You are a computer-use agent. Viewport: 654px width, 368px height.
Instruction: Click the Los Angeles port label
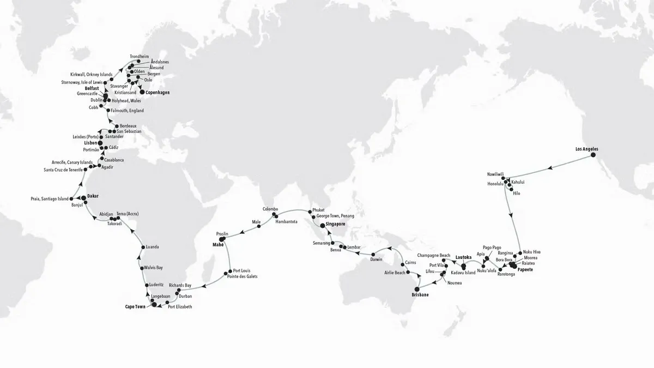tap(590, 148)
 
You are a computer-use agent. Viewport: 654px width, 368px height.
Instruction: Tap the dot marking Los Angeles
tap(594, 155)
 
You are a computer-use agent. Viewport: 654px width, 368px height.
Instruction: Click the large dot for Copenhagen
tap(143, 93)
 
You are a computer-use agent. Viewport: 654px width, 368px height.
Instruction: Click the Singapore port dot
tap(322, 225)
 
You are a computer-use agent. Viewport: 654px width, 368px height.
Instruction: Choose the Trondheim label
tap(138, 57)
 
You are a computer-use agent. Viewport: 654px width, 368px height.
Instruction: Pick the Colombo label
tap(270, 209)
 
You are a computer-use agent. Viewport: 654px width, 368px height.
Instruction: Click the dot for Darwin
tap(373, 255)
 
